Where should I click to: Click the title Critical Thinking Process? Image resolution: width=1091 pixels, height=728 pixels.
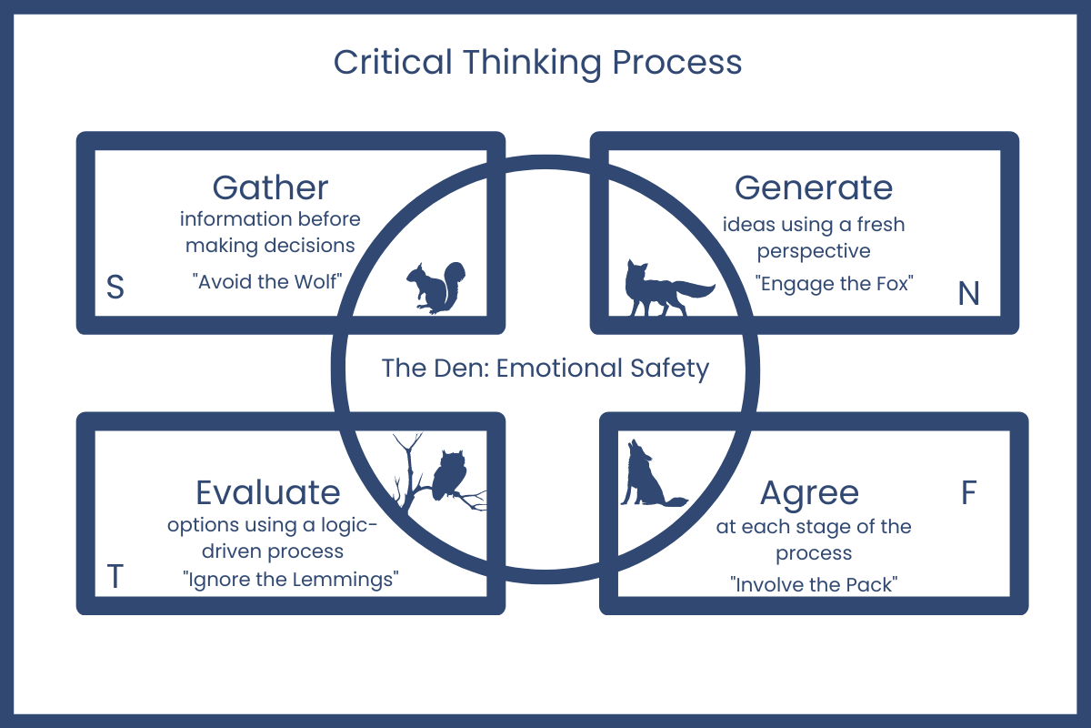coord(537,63)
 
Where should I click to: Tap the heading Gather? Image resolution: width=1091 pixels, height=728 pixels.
coord(270,187)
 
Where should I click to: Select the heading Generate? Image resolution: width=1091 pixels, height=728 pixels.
coord(813,187)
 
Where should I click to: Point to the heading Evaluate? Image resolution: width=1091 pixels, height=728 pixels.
coord(268,492)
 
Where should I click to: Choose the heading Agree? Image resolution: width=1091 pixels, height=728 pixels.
coord(809,492)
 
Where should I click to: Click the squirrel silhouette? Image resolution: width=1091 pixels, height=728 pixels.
coord(435,287)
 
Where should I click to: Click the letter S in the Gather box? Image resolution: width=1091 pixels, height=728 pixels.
coord(115,287)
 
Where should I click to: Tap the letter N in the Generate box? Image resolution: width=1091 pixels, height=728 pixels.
coord(968,293)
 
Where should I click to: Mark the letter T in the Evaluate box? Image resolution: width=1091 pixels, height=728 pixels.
coord(115,577)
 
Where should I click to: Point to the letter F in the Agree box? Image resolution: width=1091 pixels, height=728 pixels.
coord(968,492)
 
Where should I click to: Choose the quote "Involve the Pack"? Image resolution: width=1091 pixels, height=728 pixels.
coord(814,584)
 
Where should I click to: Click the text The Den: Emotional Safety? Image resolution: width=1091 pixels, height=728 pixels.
coord(545,369)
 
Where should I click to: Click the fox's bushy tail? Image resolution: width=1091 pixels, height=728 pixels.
coord(697,290)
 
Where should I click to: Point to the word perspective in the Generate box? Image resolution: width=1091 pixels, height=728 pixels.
coord(814,250)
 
